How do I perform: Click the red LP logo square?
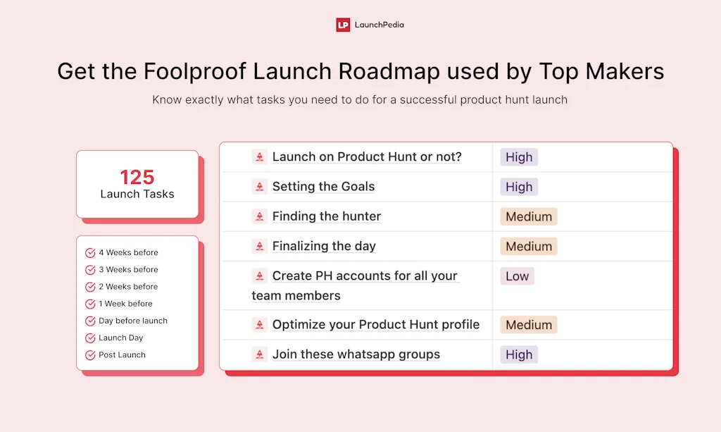pyautogui.click(x=343, y=25)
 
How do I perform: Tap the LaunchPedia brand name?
pyautogui.click(x=379, y=25)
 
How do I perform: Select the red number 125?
pyautogui.click(x=137, y=177)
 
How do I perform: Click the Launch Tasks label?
pyautogui.click(x=137, y=194)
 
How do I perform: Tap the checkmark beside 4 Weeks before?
pyautogui.click(x=90, y=253)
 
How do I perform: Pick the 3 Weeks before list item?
pyautogui.click(x=128, y=270)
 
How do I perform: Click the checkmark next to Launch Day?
pyautogui.click(x=90, y=338)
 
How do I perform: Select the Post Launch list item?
pyautogui.click(x=122, y=355)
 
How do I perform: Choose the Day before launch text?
pyautogui.click(x=133, y=321)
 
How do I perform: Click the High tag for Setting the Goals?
pyautogui.click(x=519, y=187)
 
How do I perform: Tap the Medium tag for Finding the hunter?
pyautogui.click(x=529, y=216)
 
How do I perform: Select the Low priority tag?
pyautogui.click(x=517, y=276)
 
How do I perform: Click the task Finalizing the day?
pyautogui.click(x=324, y=246)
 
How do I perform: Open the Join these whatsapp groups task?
pyautogui.click(x=356, y=354)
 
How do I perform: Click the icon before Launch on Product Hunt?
pyautogui.click(x=260, y=157)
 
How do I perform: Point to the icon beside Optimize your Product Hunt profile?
pyautogui.click(x=260, y=325)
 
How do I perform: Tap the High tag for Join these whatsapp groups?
pyautogui.click(x=519, y=354)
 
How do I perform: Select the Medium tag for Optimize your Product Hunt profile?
pyautogui.click(x=529, y=325)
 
